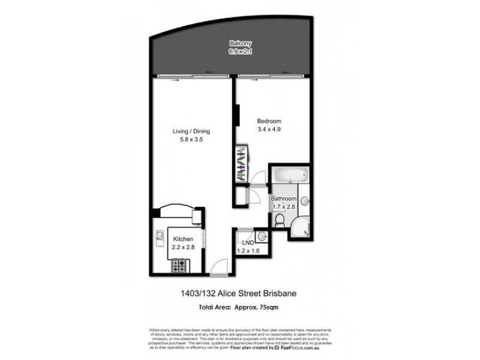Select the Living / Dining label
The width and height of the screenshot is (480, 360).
coord(191,131)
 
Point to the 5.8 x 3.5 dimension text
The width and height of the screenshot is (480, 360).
coord(191,140)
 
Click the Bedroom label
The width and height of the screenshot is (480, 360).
coord(269,121)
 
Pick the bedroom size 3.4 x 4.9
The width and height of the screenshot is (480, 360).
coord(269,129)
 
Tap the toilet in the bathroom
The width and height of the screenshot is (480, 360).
coord(279,222)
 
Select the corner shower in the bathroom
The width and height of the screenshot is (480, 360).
coord(300,227)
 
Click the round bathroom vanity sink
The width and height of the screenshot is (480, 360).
coord(304,201)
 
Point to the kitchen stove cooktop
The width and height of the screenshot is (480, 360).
coord(178,263)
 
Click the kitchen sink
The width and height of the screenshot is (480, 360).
coord(160,241)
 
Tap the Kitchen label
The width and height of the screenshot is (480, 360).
coord(184,239)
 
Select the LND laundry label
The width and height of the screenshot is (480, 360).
coord(248,242)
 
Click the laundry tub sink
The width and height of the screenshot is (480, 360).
coord(261,236)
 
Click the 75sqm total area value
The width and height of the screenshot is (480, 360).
coord(267,307)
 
